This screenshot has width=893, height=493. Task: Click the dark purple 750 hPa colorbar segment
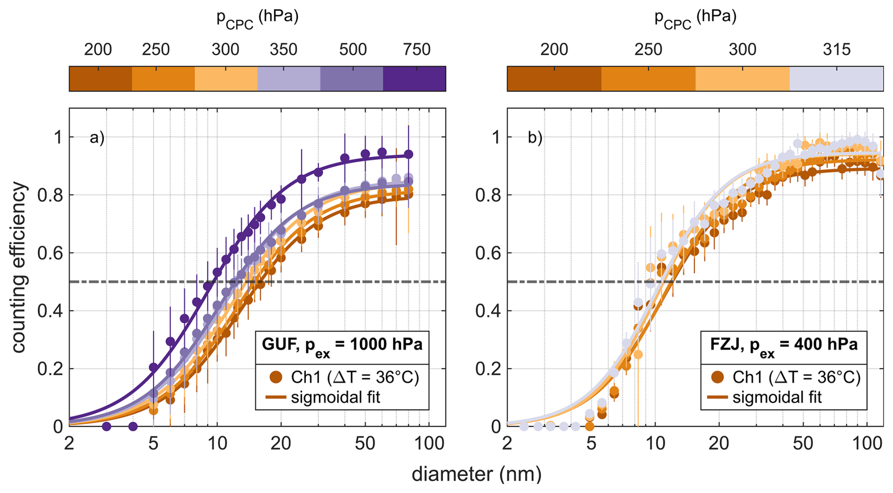[x=414, y=78]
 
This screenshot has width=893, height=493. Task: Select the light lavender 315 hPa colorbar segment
[x=836, y=78]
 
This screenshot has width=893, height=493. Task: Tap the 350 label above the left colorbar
[x=284, y=50]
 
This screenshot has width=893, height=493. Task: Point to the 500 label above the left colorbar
[x=353, y=50]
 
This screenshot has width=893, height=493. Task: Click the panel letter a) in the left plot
[x=97, y=138]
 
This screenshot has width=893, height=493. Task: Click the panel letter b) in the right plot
[x=535, y=138]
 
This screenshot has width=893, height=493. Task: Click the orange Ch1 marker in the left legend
[x=276, y=377]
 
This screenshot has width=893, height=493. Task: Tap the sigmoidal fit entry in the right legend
[x=777, y=397]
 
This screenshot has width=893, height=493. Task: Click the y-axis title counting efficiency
[x=19, y=268]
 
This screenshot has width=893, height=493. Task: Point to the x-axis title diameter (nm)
[x=476, y=474]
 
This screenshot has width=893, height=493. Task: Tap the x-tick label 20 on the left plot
[x=281, y=444]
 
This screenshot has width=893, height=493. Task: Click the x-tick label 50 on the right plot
[x=803, y=444]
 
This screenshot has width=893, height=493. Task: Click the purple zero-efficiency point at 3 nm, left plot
[x=107, y=426]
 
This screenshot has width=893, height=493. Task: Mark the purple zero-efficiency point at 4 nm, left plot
[x=133, y=426]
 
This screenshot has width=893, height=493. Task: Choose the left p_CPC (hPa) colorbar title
[x=257, y=19]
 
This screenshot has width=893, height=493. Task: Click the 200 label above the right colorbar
[x=554, y=50]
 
